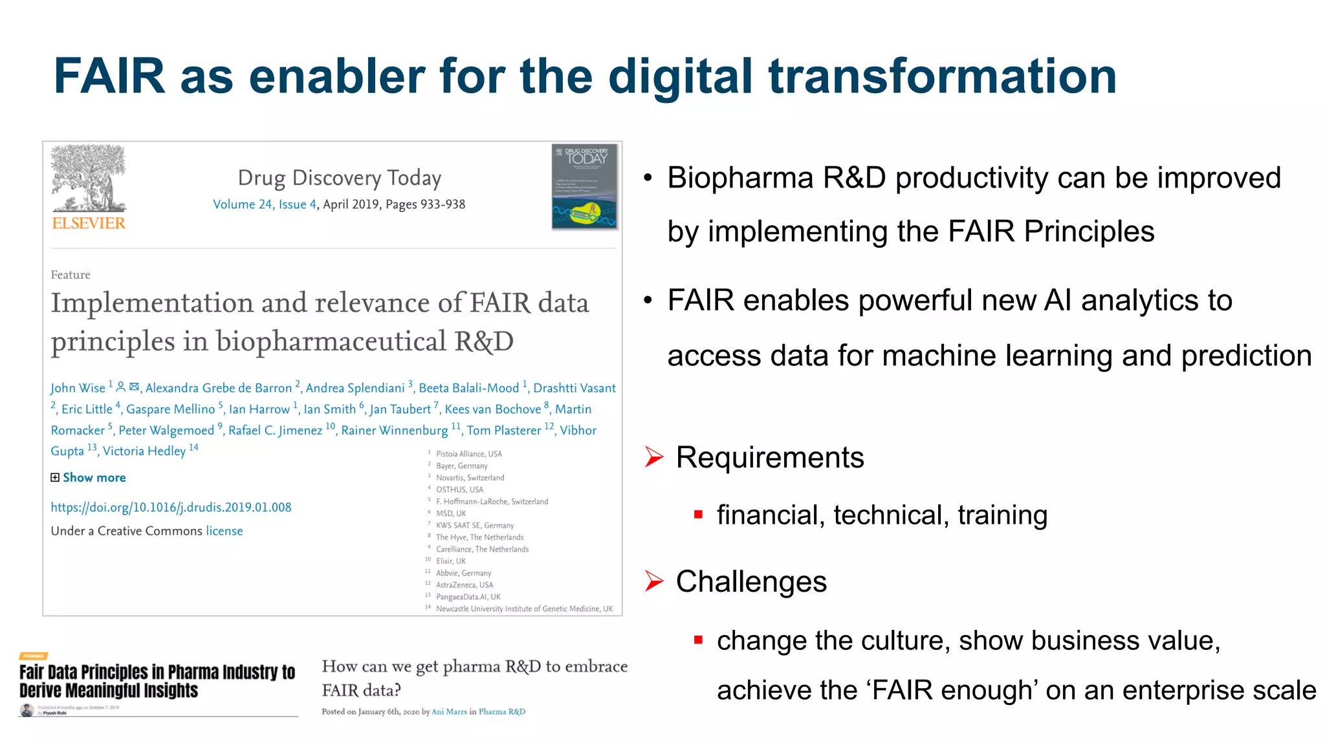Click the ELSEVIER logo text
(89, 223)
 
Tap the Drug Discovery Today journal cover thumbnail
(584, 186)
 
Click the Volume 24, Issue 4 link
(264, 204)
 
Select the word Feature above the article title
(71, 275)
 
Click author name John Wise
(78, 388)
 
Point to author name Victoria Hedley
(144, 451)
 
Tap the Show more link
(94, 478)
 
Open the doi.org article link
(171, 507)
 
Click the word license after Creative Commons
(224, 531)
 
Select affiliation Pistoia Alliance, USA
(468, 454)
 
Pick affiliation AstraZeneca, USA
(464, 585)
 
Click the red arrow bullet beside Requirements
(654, 457)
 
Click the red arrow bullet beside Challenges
(654, 581)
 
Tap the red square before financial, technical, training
(698, 515)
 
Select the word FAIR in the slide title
(109, 76)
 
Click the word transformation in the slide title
(942, 76)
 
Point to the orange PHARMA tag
(34, 656)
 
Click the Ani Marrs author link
(449, 711)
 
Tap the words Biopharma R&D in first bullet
(776, 178)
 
